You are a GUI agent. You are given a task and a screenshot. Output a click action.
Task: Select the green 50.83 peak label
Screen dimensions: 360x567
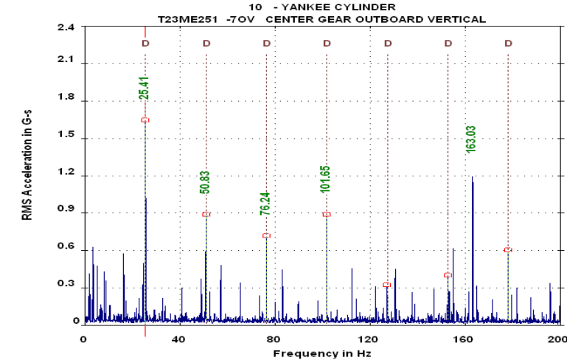205,181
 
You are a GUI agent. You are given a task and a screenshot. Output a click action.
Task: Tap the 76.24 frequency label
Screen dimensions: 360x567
265,201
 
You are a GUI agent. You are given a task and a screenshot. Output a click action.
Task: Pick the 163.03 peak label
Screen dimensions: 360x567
471,138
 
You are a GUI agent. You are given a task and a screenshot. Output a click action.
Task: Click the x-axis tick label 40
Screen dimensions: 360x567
178,340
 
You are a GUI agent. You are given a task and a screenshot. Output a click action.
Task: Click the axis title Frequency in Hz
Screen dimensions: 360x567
322,353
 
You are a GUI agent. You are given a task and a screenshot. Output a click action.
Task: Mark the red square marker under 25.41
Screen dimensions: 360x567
145,120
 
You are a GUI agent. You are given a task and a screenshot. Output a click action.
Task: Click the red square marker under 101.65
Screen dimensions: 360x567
327,214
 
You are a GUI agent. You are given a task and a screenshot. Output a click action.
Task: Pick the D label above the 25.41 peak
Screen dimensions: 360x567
145,44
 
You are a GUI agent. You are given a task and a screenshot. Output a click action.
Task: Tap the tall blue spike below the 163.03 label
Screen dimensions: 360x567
472,221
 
